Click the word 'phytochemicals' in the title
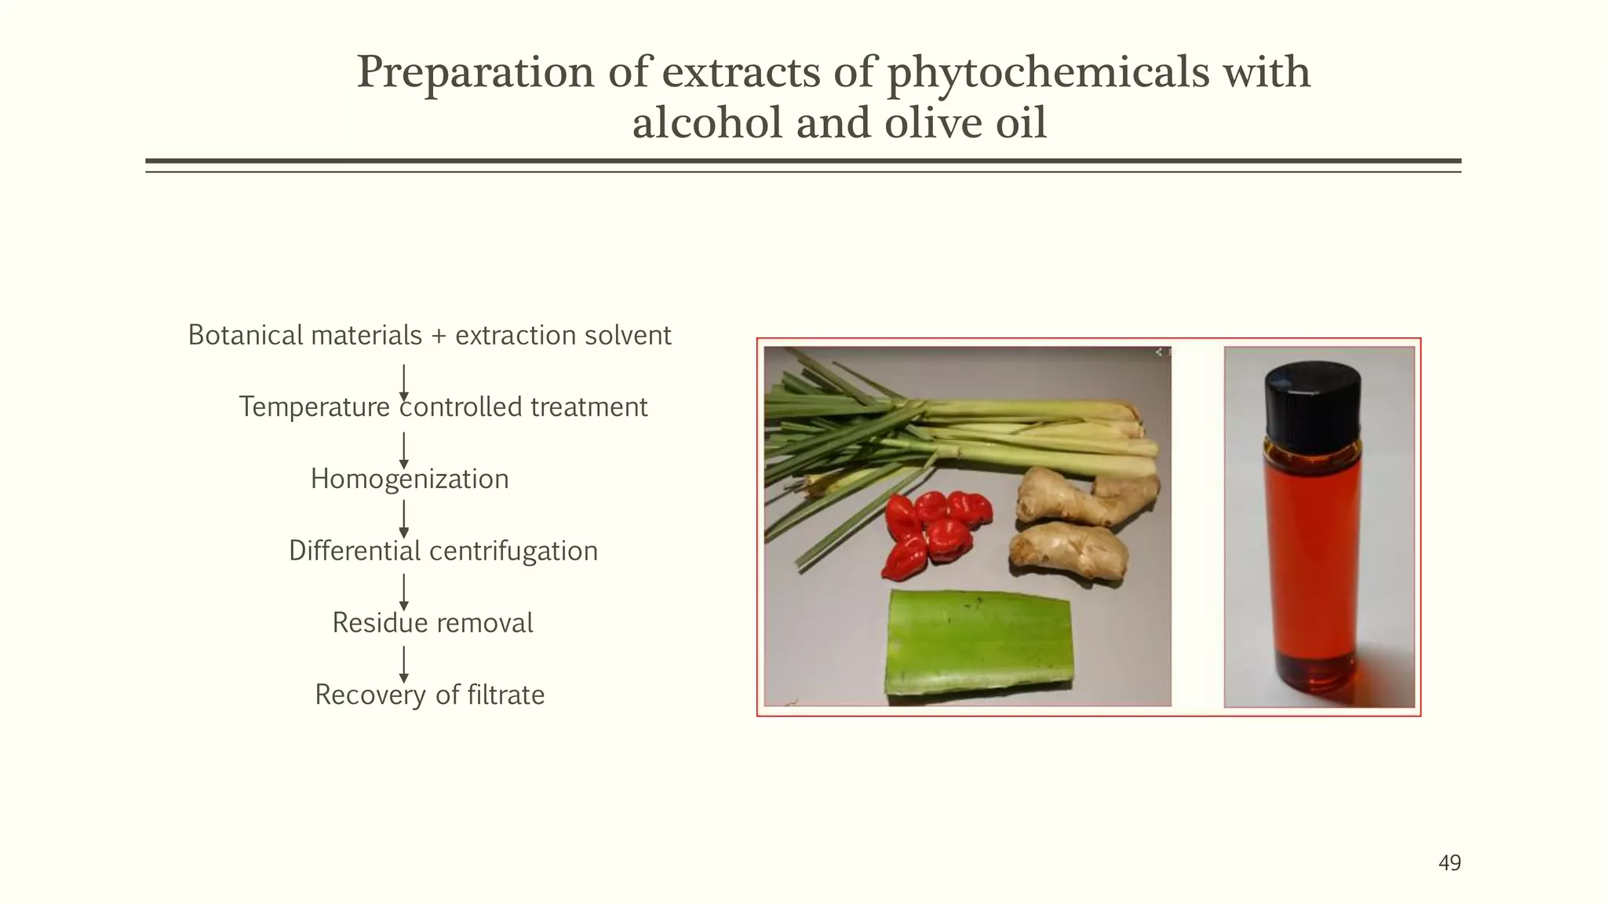tap(1048, 73)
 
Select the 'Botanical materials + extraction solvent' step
tap(429, 336)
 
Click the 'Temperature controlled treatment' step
tap(443, 407)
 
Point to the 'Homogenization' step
tap(410, 479)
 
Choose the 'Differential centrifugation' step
tap(443, 551)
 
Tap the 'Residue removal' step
tap(432, 623)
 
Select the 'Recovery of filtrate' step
tap(429, 695)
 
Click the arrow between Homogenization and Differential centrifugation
tap(404, 519)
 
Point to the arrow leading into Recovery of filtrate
tap(404, 664)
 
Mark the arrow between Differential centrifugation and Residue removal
tap(404, 592)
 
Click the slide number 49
tap(1449, 863)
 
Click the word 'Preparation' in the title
tap(476, 73)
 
